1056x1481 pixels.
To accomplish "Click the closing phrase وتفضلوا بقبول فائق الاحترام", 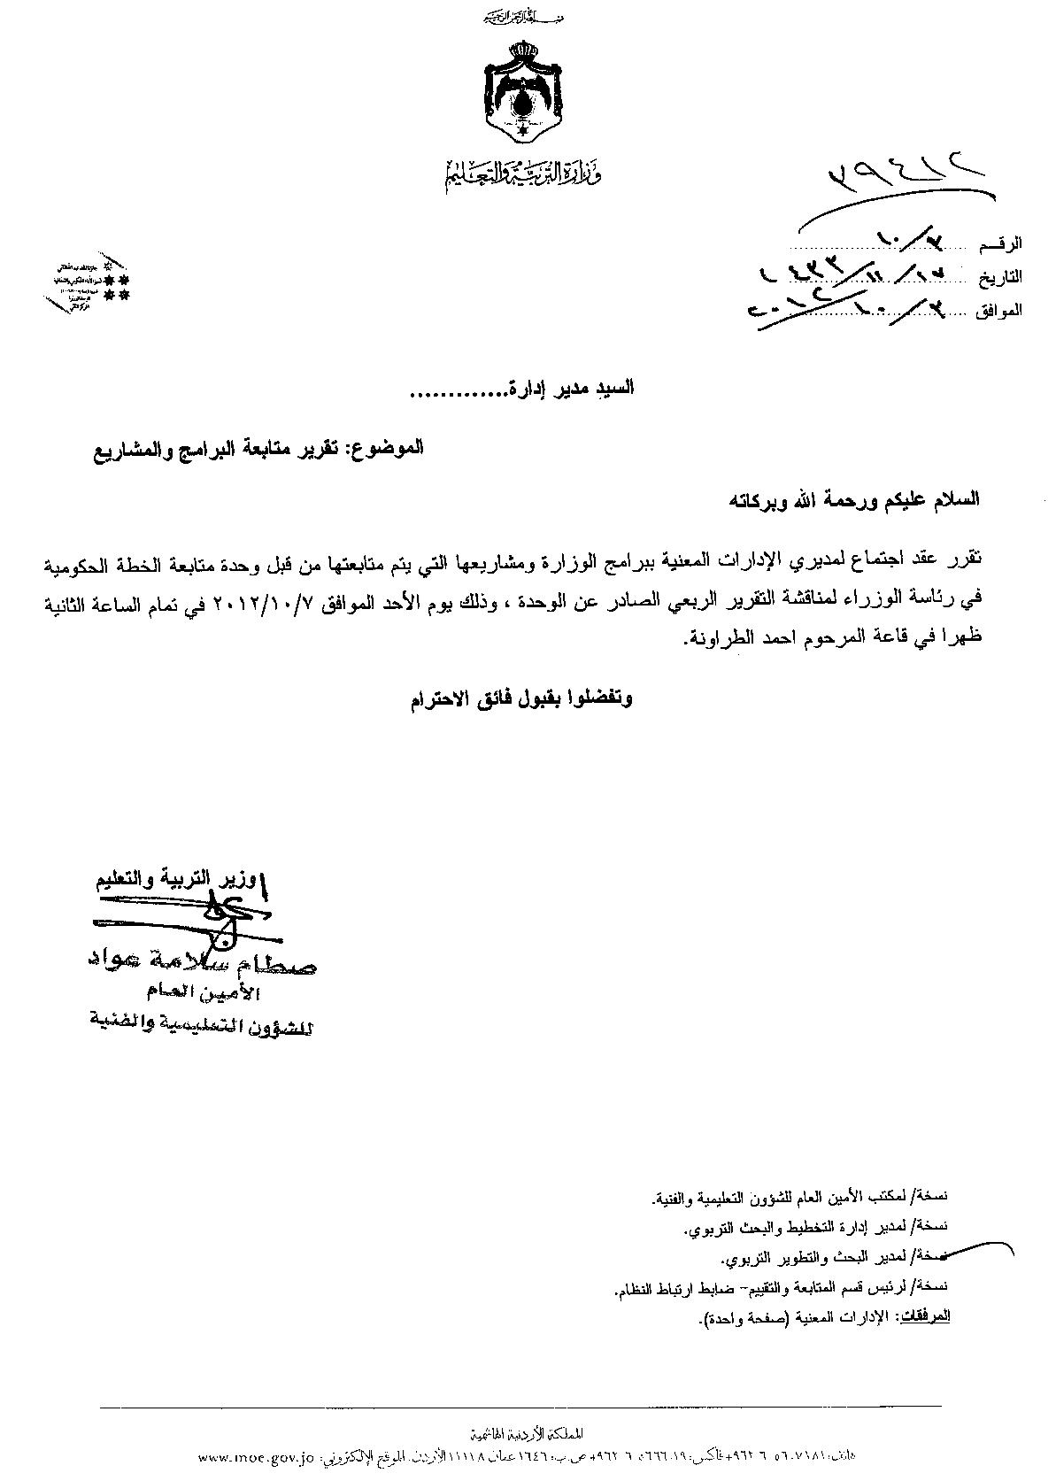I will tap(521, 698).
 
